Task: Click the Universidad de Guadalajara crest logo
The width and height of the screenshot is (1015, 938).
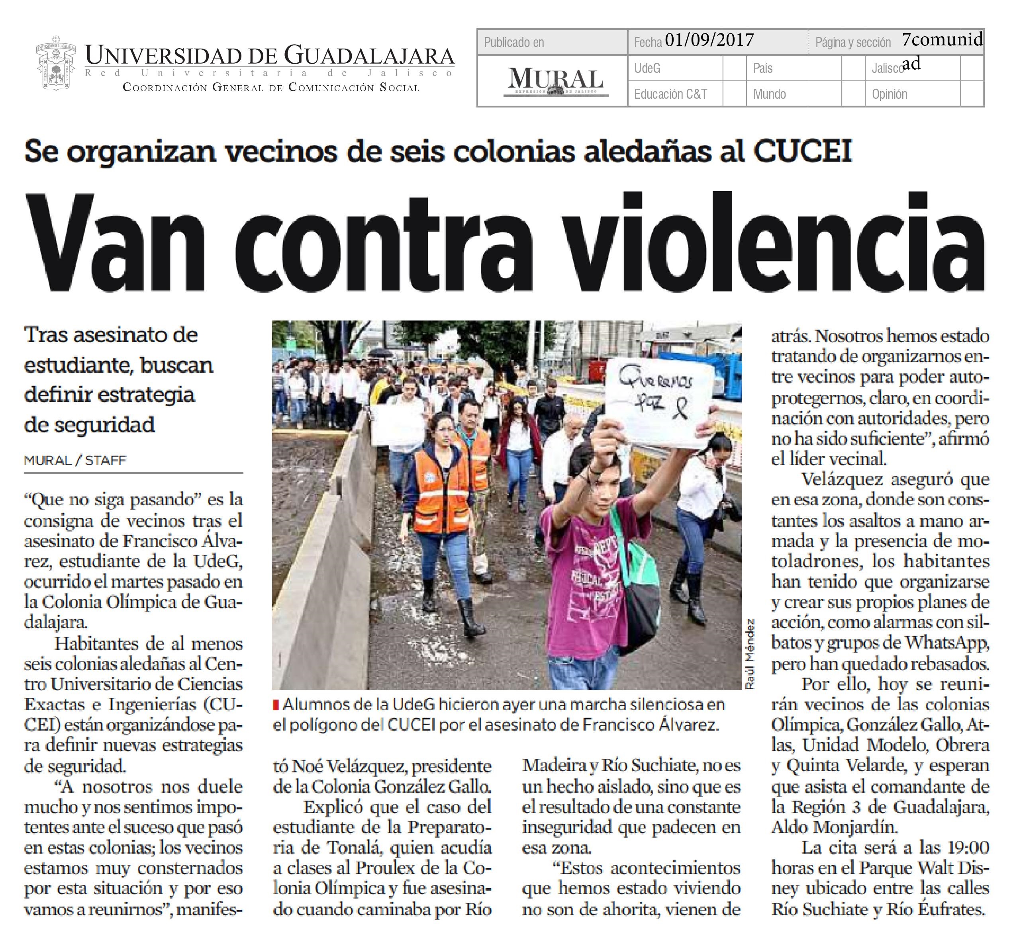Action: [56, 63]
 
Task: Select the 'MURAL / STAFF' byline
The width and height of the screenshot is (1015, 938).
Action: [75, 460]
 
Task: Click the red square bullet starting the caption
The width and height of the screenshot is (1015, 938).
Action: [276, 705]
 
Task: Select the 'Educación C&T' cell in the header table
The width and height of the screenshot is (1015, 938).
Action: [670, 94]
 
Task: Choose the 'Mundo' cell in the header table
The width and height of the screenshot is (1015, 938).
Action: [769, 94]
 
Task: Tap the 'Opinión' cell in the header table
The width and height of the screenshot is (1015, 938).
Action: [889, 94]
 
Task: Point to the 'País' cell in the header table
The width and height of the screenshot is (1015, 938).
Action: [763, 68]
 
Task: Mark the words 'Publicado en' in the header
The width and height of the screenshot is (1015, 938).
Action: [513, 42]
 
